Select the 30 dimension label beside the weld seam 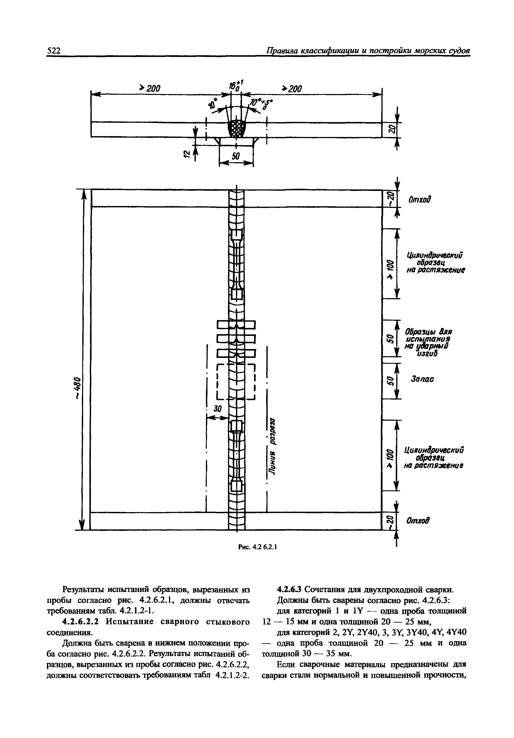click(218, 409)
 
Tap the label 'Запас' click(422, 379)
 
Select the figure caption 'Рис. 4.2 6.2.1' click(257, 546)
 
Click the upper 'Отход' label click(419, 200)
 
